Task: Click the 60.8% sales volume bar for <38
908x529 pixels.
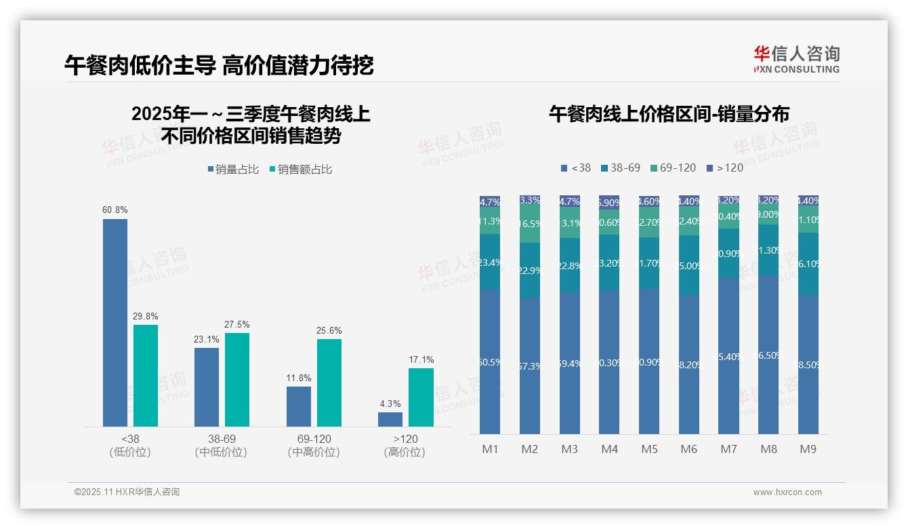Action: (115, 322)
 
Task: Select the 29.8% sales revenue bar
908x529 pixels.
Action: (146, 375)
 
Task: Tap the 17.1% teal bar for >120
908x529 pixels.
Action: (421, 397)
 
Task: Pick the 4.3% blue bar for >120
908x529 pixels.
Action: (390, 419)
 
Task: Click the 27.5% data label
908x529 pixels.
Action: (237, 325)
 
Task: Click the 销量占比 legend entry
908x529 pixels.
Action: (234, 170)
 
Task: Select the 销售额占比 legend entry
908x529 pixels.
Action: (301, 170)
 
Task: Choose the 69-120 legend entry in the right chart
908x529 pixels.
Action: (673, 168)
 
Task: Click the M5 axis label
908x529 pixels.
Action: (649, 449)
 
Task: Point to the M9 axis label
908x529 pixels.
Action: (808, 449)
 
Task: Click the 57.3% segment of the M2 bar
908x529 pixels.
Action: (530, 366)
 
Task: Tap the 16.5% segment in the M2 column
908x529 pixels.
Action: (530, 224)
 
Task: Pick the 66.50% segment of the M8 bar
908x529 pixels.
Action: (768, 355)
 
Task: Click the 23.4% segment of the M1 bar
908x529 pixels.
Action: (490, 262)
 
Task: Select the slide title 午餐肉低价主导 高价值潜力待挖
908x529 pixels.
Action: (219, 65)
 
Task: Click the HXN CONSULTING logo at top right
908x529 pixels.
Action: (796, 59)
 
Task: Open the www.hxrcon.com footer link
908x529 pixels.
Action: (787, 492)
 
